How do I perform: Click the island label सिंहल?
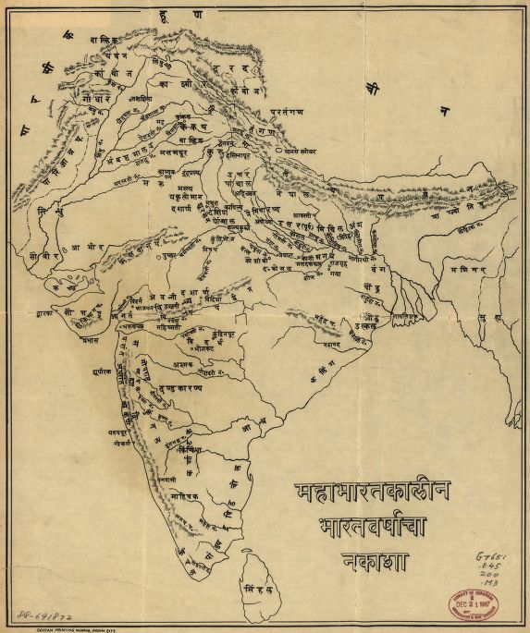[256, 587]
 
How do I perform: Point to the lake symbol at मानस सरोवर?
[278, 148]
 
